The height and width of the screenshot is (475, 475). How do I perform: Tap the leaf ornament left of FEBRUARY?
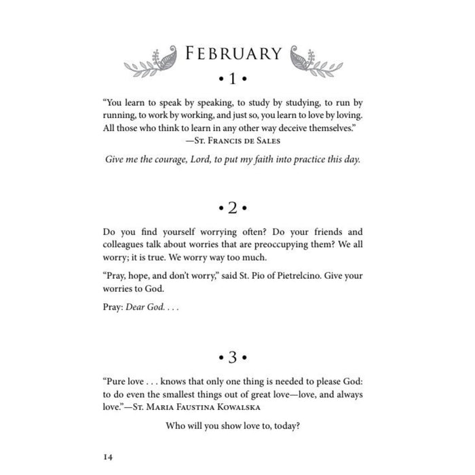pos(149,59)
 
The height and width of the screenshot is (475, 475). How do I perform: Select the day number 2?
pos(234,206)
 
